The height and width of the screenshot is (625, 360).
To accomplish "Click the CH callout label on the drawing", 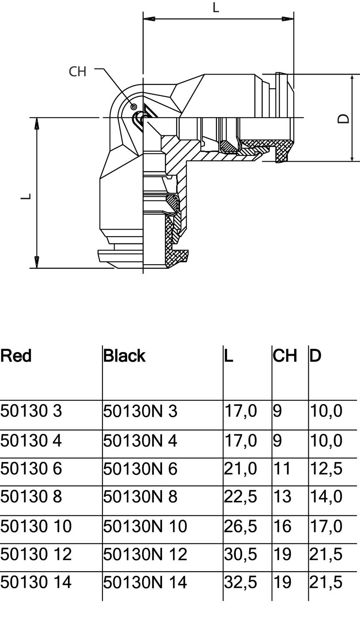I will tap(77, 71).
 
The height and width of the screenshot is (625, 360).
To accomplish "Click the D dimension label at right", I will tap(343, 119).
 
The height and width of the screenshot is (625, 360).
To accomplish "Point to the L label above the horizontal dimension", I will tap(216, 7).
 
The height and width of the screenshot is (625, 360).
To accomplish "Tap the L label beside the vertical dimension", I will tap(26, 196).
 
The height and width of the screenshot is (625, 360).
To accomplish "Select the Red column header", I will tap(16, 356).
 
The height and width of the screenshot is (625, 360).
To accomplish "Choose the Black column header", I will tap(124, 356).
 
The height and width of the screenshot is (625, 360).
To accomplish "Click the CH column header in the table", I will tap(285, 356).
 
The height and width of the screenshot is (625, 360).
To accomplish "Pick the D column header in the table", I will tap(315, 356).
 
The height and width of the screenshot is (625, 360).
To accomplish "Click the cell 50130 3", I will tap(31, 411).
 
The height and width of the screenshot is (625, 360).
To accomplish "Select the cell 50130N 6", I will tap(140, 469).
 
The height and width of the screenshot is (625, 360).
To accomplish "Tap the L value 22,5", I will tap(240, 497).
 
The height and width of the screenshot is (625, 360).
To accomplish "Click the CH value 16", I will tap(282, 526).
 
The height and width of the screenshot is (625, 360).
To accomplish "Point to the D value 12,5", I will tap(326, 469).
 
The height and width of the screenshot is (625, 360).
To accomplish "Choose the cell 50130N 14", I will tap(145, 582).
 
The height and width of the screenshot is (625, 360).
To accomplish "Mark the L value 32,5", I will tap(240, 582).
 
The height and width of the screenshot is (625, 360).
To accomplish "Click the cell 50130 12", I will tap(36, 554).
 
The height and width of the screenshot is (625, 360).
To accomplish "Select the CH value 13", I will tap(282, 497).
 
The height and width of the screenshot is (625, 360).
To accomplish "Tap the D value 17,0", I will tap(326, 526).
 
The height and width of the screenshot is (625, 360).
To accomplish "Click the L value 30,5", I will tap(240, 554).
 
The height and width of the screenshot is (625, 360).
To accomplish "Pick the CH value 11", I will tap(282, 469).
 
